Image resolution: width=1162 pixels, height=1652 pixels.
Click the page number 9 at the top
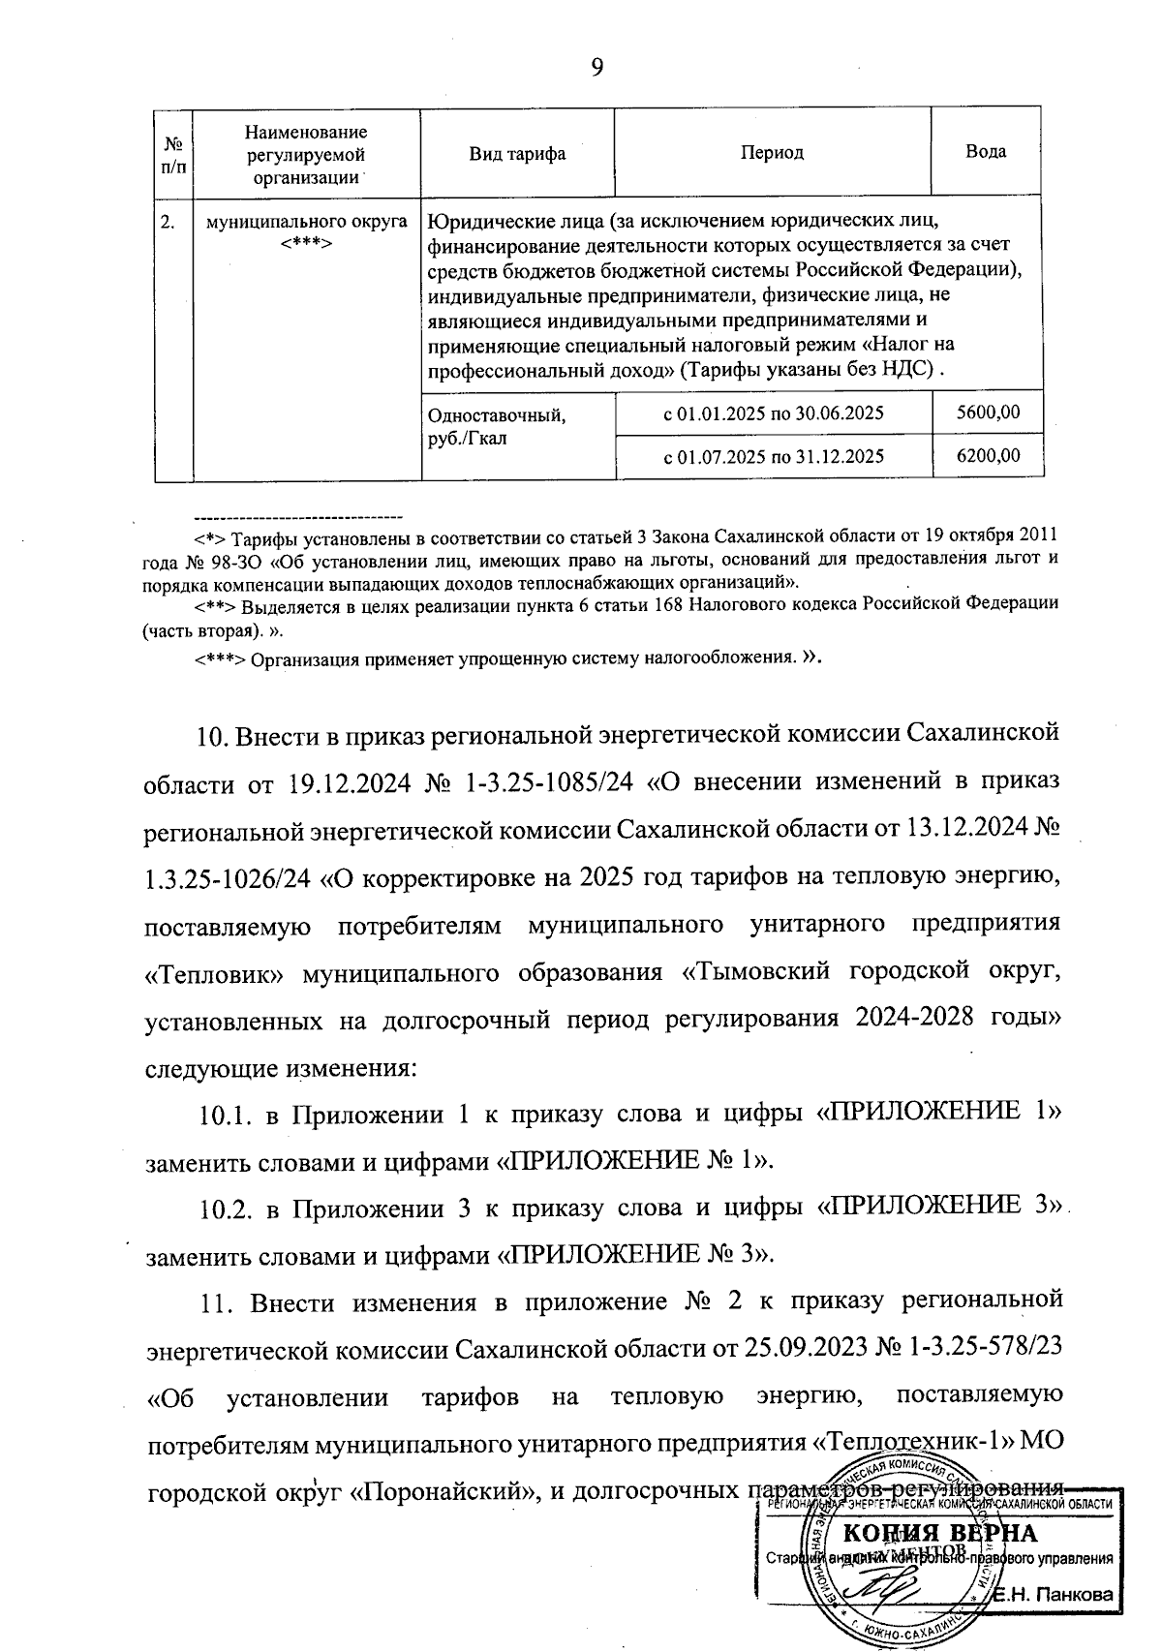tap(596, 67)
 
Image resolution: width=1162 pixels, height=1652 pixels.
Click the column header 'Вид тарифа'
tap(517, 153)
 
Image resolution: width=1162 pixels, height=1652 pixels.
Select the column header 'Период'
tap(773, 153)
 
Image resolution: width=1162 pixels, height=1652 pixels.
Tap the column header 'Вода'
tap(986, 152)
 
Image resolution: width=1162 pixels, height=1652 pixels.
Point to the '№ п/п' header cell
tap(174, 153)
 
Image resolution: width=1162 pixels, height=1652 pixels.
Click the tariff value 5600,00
tap(988, 413)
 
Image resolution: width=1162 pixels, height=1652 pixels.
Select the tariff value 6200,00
tap(988, 455)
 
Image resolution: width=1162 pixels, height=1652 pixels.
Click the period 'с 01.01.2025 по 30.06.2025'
tap(773, 413)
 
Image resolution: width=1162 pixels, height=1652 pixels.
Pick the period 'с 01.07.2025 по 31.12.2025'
tap(773, 456)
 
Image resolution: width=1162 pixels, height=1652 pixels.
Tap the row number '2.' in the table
tap(168, 222)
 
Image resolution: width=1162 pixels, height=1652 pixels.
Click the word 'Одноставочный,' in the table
tap(496, 416)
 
